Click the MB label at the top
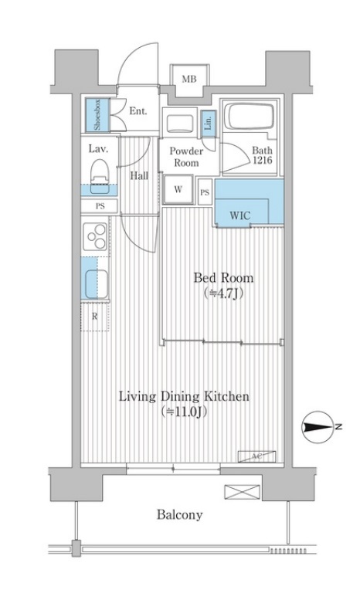(x=188, y=79)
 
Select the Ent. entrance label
(x=138, y=111)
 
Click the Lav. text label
(x=97, y=148)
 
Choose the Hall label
(x=139, y=175)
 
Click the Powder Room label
(x=185, y=157)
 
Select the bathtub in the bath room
(x=244, y=117)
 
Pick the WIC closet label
(x=240, y=215)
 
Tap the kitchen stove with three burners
(x=97, y=236)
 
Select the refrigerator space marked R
(x=95, y=316)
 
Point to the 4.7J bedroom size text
(x=223, y=293)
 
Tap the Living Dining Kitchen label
(x=183, y=397)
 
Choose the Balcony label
(x=179, y=514)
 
